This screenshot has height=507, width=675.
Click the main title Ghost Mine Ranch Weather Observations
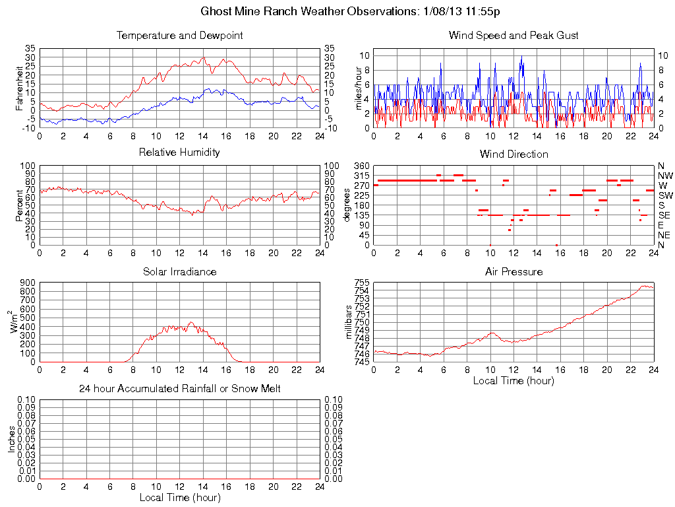click(350, 12)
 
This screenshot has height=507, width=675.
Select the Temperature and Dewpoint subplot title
click(179, 36)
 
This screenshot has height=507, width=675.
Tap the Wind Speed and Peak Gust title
click(514, 36)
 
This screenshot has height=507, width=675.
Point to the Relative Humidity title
click(179, 153)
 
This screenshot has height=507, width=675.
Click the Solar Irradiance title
click(179, 271)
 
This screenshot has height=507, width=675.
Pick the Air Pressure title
click(514, 271)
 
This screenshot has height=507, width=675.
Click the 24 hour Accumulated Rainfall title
click(179, 389)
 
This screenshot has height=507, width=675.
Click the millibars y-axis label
click(349, 322)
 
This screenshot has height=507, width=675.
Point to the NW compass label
click(664, 176)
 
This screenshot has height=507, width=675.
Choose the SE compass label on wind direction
click(664, 215)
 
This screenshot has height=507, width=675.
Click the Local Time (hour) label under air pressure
click(514, 381)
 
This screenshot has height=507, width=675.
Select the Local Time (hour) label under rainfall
click(179, 498)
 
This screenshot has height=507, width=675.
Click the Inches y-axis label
click(11, 439)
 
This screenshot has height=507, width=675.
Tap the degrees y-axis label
click(347, 205)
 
